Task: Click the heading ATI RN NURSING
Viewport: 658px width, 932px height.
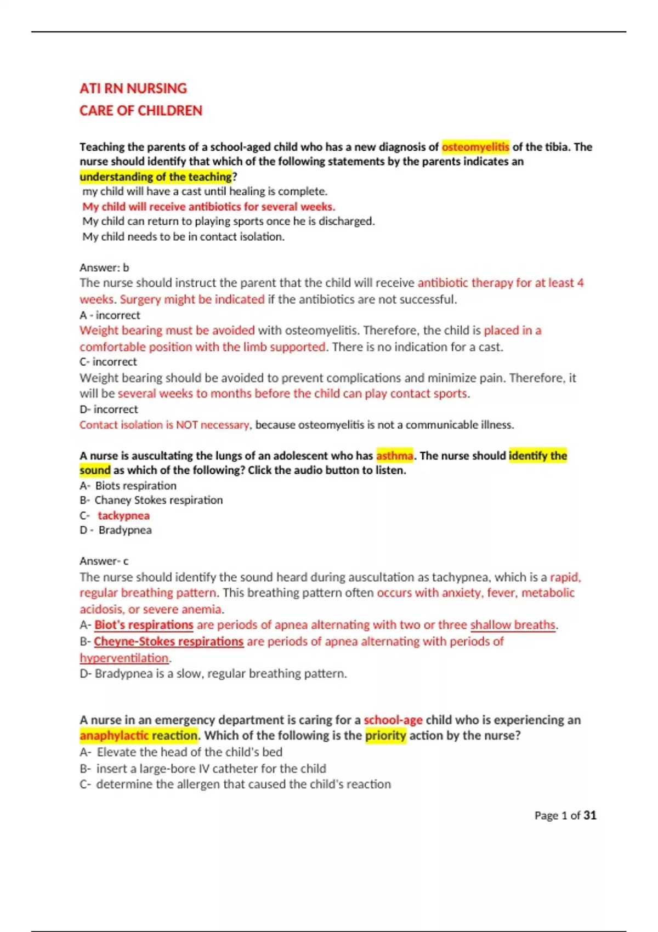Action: pos(133,88)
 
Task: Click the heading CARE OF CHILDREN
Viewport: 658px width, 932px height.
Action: pos(141,111)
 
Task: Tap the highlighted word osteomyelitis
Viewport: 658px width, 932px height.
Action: pos(475,147)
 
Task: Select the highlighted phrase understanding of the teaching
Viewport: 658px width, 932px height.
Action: pos(156,177)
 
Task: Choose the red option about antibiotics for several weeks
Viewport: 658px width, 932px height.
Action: pos(208,207)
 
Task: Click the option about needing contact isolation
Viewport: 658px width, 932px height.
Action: pos(183,237)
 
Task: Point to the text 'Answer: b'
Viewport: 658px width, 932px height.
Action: pos(104,268)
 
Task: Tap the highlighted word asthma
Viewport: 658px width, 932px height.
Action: pos(394,456)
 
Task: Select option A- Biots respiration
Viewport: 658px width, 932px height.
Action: pos(128,486)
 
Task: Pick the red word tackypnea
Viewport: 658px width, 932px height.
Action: pos(123,515)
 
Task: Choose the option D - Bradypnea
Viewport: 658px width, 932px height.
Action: pos(116,530)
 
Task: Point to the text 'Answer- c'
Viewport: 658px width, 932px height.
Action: pos(104,561)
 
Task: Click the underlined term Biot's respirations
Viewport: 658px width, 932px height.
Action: pos(144,625)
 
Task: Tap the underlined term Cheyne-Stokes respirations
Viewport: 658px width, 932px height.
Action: pos(168,641)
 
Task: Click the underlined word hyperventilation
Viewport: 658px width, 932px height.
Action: pos(124,658)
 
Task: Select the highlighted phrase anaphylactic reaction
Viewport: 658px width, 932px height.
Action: pos(138,735)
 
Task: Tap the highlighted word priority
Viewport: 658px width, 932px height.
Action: pos(385,735)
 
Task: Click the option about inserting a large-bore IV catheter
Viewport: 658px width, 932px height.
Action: pos(211,769)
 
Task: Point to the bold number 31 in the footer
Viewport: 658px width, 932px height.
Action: pos(589,815)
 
